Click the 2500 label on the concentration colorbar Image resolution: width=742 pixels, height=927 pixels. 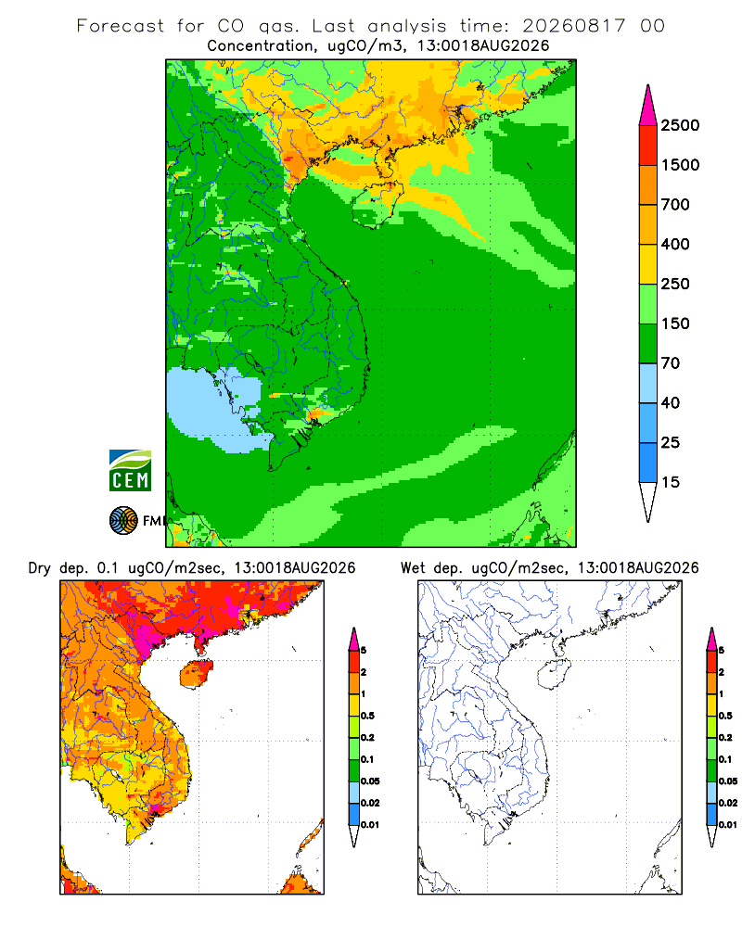680,125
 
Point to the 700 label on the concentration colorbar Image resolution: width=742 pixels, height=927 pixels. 675,205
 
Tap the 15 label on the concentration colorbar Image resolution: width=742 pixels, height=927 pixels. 671,482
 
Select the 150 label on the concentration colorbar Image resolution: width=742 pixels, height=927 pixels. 675,324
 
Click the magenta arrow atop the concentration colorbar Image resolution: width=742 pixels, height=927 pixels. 648,108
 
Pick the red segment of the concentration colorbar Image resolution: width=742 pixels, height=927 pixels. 648,146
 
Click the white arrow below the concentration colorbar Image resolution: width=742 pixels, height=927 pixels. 648,500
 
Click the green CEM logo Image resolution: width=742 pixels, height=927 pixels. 130,471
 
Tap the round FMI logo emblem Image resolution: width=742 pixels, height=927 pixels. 123,520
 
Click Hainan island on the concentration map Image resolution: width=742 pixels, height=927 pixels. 377,204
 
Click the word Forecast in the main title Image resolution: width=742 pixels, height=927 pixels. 121,26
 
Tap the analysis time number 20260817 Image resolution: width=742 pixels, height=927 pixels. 573,26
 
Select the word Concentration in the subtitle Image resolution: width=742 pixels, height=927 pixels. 261,46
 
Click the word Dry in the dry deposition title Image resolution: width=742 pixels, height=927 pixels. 40,568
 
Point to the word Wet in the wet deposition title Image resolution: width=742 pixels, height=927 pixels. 413,568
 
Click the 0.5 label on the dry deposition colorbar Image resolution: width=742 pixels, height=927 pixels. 367,716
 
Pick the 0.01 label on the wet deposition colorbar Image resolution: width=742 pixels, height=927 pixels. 728,825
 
